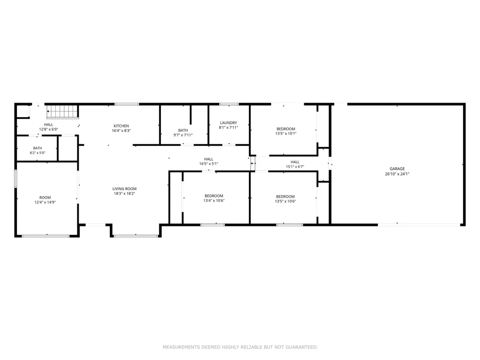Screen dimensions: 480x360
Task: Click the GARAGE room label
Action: [x=397, y=169]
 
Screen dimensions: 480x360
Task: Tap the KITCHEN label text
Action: [x=121, y=126]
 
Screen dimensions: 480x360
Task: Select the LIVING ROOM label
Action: [x=124, y=189]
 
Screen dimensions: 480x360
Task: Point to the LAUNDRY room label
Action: [x=228, y=123]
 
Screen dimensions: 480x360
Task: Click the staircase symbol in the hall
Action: [x=63, y=112]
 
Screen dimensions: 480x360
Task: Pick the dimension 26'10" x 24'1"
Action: [x=397, y=174]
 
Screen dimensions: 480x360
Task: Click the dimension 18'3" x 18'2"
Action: [x=124, y=194]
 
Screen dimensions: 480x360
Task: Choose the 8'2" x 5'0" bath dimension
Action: [x=37, y=153]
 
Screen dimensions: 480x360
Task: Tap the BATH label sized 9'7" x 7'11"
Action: [x=183, y=130]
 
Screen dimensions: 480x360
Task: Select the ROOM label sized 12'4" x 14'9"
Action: [x=45, y=197]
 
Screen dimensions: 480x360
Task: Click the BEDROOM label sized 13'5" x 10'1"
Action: [x=286, y=129]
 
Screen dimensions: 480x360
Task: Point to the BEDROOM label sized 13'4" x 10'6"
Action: [x=214, y=196]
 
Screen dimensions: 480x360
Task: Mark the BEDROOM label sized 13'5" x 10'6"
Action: [x=285, y=196]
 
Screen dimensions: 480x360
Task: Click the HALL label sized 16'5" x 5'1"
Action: [x=209, y=159]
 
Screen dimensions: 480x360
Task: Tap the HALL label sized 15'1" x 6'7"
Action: [x=295, y=162]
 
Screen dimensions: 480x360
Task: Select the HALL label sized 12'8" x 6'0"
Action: [x=48, y=125]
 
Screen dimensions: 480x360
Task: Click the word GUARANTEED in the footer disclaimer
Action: [x=302, y=347]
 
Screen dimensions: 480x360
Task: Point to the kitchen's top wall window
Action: [x=127, y=105]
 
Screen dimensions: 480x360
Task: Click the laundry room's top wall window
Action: [x=229, y=105]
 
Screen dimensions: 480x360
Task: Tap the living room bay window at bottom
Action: [x=136, y=236]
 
